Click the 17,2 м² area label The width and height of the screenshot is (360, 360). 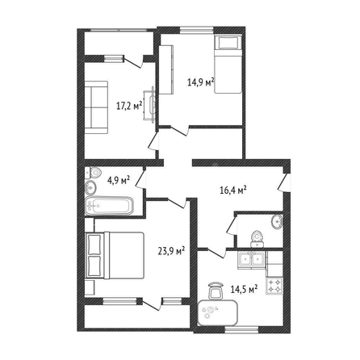click(x=129, y=106)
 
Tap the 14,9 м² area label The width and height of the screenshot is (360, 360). click(x=201, y=82)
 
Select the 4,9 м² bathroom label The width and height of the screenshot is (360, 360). click(x=119, y=179)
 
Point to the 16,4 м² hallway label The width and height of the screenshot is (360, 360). click(x=233, y=190)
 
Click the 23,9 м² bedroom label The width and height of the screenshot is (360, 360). click(x=171, y=251)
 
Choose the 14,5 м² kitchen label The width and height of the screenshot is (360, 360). click(x=245, y=290)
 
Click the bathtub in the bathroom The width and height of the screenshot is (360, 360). click(x=109, y=206)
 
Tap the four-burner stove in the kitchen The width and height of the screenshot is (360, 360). click(x=274, y=286)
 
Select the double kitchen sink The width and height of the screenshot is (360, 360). click(x=252, y=260)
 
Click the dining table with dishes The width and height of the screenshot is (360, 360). click(x=218, y=312)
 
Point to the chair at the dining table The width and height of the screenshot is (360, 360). click(x=216, y=290)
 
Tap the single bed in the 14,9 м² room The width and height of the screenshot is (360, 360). click(x=228, y=65)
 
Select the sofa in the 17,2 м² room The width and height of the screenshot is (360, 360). click(x=96, y=107)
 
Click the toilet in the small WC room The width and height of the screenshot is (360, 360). click(x=257, y=239)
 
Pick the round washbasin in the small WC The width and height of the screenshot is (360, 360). click(x=277, y=221)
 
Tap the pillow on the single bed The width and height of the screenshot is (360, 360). click(x=228, y=43)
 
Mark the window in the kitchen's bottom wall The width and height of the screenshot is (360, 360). click(x=241, y=329)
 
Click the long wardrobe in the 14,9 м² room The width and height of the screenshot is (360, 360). click(x=165, y=69)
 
